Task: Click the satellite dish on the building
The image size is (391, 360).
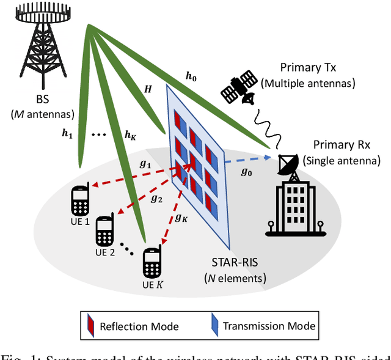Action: (x=287, y=163)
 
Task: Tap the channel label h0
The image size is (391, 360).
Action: (x=191, y=76)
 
